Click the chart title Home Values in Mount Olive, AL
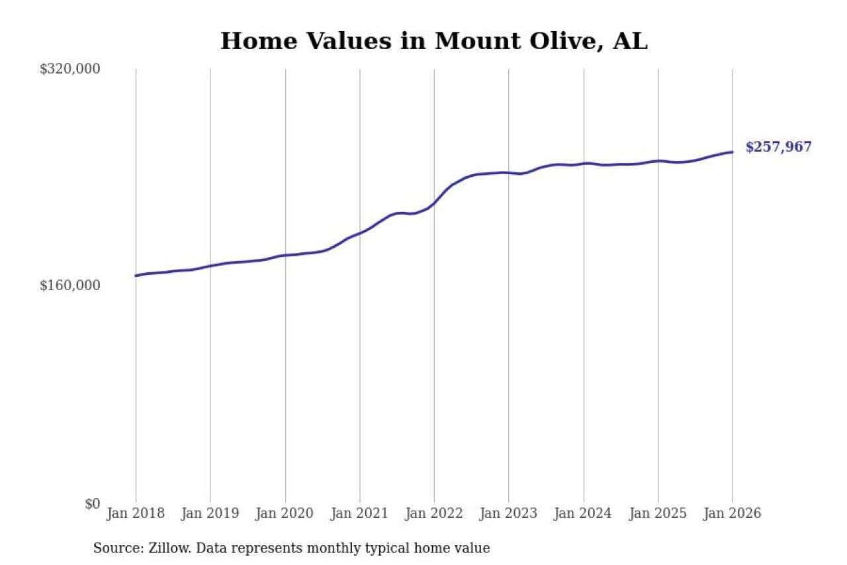[x=433, y=41]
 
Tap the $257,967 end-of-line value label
[x=778, y=147]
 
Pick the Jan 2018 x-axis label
[x=136, y=513]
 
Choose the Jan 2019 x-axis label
[x=210, y=513]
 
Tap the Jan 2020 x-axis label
[x=285, y=513]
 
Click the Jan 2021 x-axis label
[x=360, y=513]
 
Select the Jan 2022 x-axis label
[x=434, y=513]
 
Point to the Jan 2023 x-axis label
[x=509, y=513]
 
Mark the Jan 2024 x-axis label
[x=584, y=513]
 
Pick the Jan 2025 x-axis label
[x=658, y=513]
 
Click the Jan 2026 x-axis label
[x=733, y=513]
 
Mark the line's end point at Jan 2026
[x=733, y=152]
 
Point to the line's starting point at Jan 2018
[x=136, y=276]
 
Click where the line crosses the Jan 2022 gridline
[x=434, y=203]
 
